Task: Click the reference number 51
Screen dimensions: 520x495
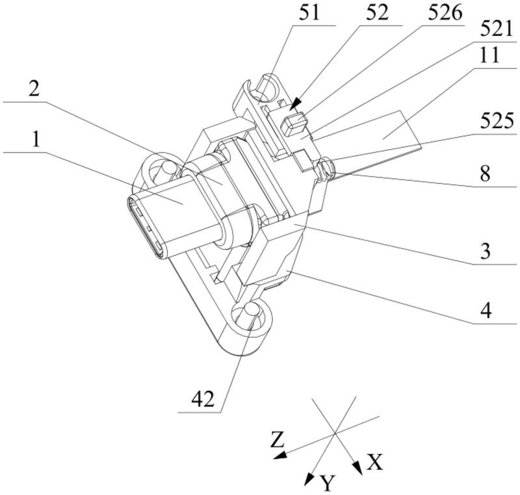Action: (x=309, y=13)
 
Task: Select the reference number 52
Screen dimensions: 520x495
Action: (x=377, y=13)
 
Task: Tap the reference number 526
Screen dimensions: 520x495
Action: (x=445, y=13)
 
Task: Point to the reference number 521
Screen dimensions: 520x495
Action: (x=497, y=30)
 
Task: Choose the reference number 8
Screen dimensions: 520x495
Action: (x=485, y=173)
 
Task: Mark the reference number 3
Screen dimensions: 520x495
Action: (x=485, y=251)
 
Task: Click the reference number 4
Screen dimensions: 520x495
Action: (x=486, y=310)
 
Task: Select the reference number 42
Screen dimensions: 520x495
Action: (x=203, y=399)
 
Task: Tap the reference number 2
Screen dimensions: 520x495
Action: (x=34, y=89)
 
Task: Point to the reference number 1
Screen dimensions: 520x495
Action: (x=36, y=140)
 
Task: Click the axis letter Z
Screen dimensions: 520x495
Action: (x=278, y=439)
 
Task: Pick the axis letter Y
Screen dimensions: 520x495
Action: (x=328, y=483)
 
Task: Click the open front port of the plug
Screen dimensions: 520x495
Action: (x=145, y=229)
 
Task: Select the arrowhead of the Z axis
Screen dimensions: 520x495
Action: (x=280, y=455)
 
